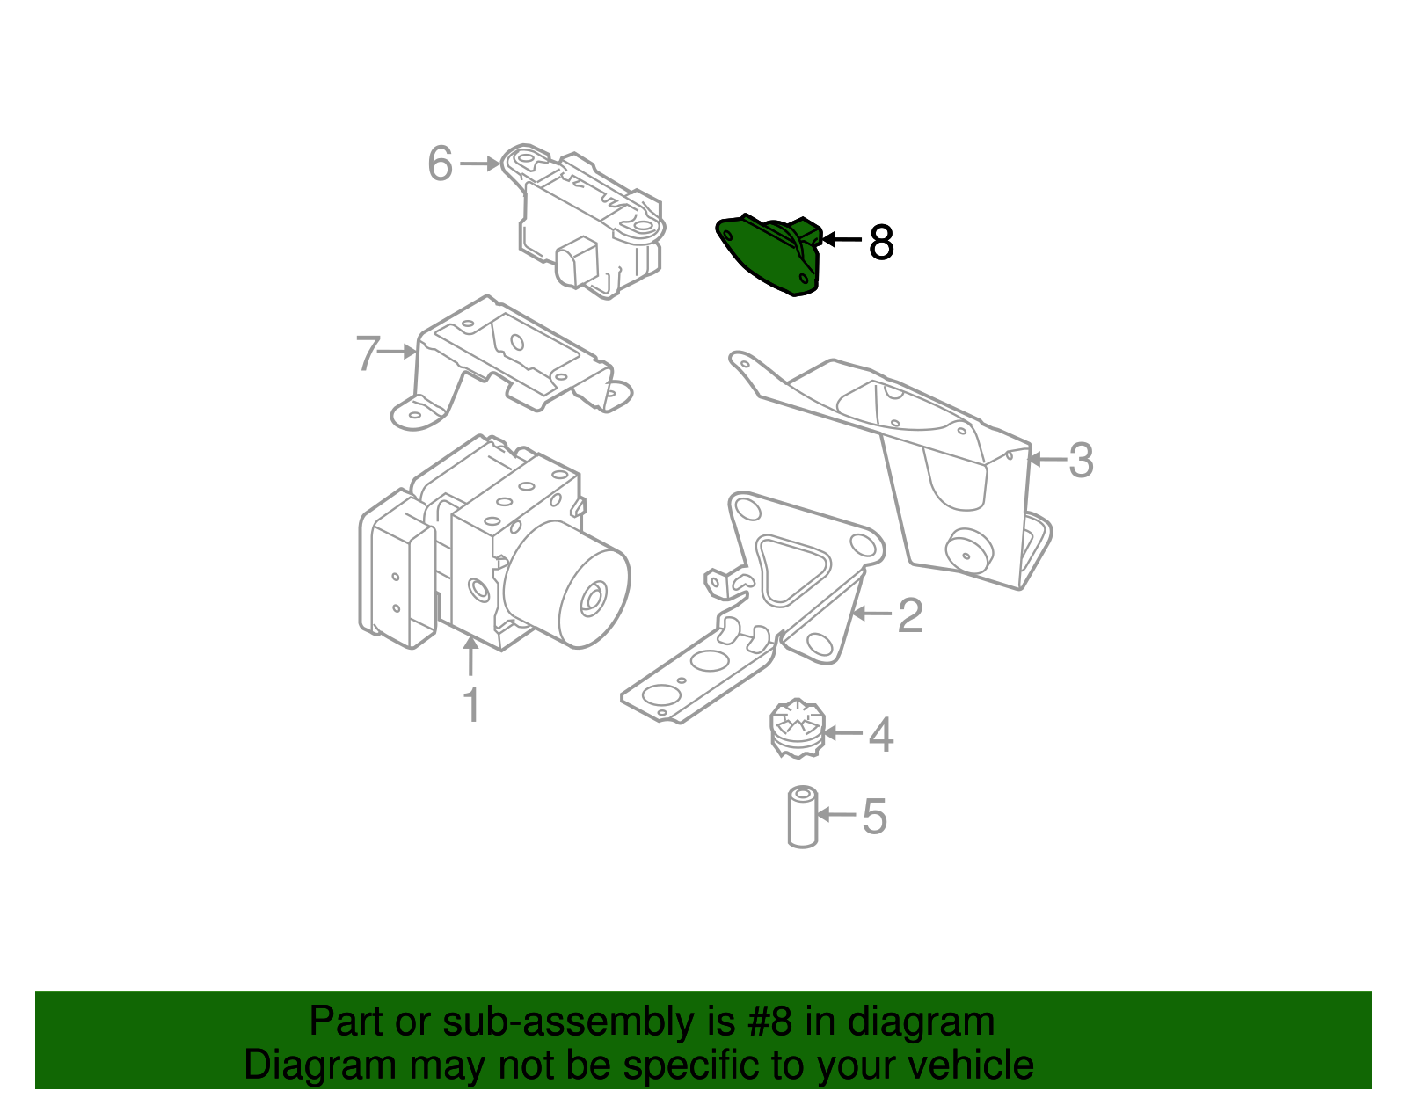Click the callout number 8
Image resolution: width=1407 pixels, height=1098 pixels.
880,243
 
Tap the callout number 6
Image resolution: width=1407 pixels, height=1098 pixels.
441,163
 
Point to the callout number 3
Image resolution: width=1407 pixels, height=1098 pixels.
1081,461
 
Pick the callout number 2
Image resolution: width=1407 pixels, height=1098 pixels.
910,615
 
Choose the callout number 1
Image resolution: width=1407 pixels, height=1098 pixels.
472,704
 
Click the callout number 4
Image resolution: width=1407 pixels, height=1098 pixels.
880,735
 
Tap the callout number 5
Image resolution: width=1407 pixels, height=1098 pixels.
874,817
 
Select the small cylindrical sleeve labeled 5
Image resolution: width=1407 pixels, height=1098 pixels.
802,817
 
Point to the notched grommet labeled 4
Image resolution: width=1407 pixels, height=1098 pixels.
797,729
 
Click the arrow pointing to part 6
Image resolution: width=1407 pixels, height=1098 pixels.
480,164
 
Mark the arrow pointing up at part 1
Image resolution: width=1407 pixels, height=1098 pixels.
470,655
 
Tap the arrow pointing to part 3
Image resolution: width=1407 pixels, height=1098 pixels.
1047,460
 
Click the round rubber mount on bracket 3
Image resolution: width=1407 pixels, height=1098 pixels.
969,551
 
